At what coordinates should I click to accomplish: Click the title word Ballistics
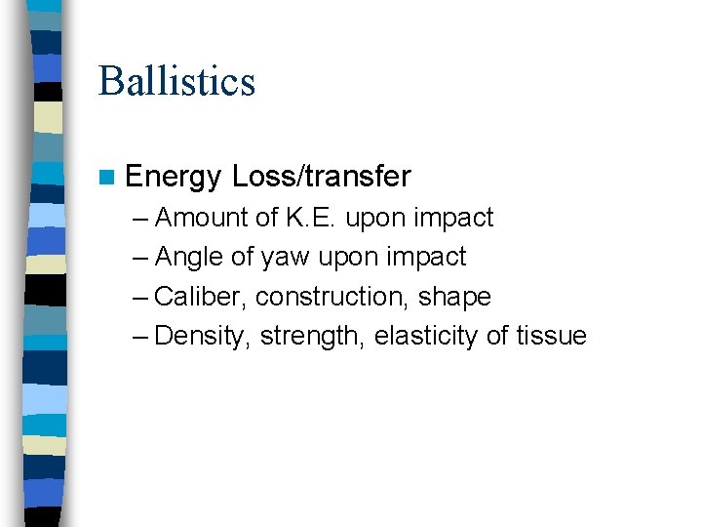(x=176, y=81)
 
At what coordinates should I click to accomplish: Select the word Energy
(x=174, y=177)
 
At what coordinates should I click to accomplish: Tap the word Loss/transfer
(x=322, y=177)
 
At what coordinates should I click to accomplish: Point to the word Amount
(x=201, y=217)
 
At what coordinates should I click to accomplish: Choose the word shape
(x=455, y=297)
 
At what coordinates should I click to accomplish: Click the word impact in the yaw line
(x=430, y=257)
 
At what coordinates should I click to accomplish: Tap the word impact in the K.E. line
(x=457, y=217)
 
